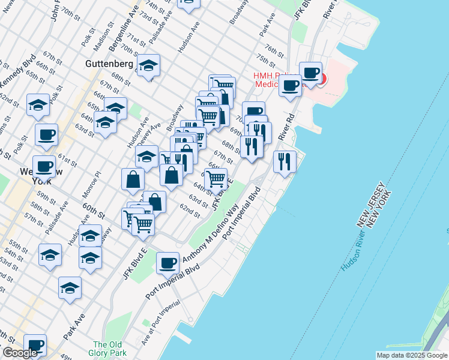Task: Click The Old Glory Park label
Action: tap(108, 349)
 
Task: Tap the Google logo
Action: tap(20, 353)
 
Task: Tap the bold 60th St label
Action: tap(94, 211)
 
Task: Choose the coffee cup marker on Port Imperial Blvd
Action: tap(167, 262)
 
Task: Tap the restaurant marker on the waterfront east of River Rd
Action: tap(285, 161)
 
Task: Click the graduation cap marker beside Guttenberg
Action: tap(148, 66)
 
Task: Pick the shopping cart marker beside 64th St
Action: tap(216, 178)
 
